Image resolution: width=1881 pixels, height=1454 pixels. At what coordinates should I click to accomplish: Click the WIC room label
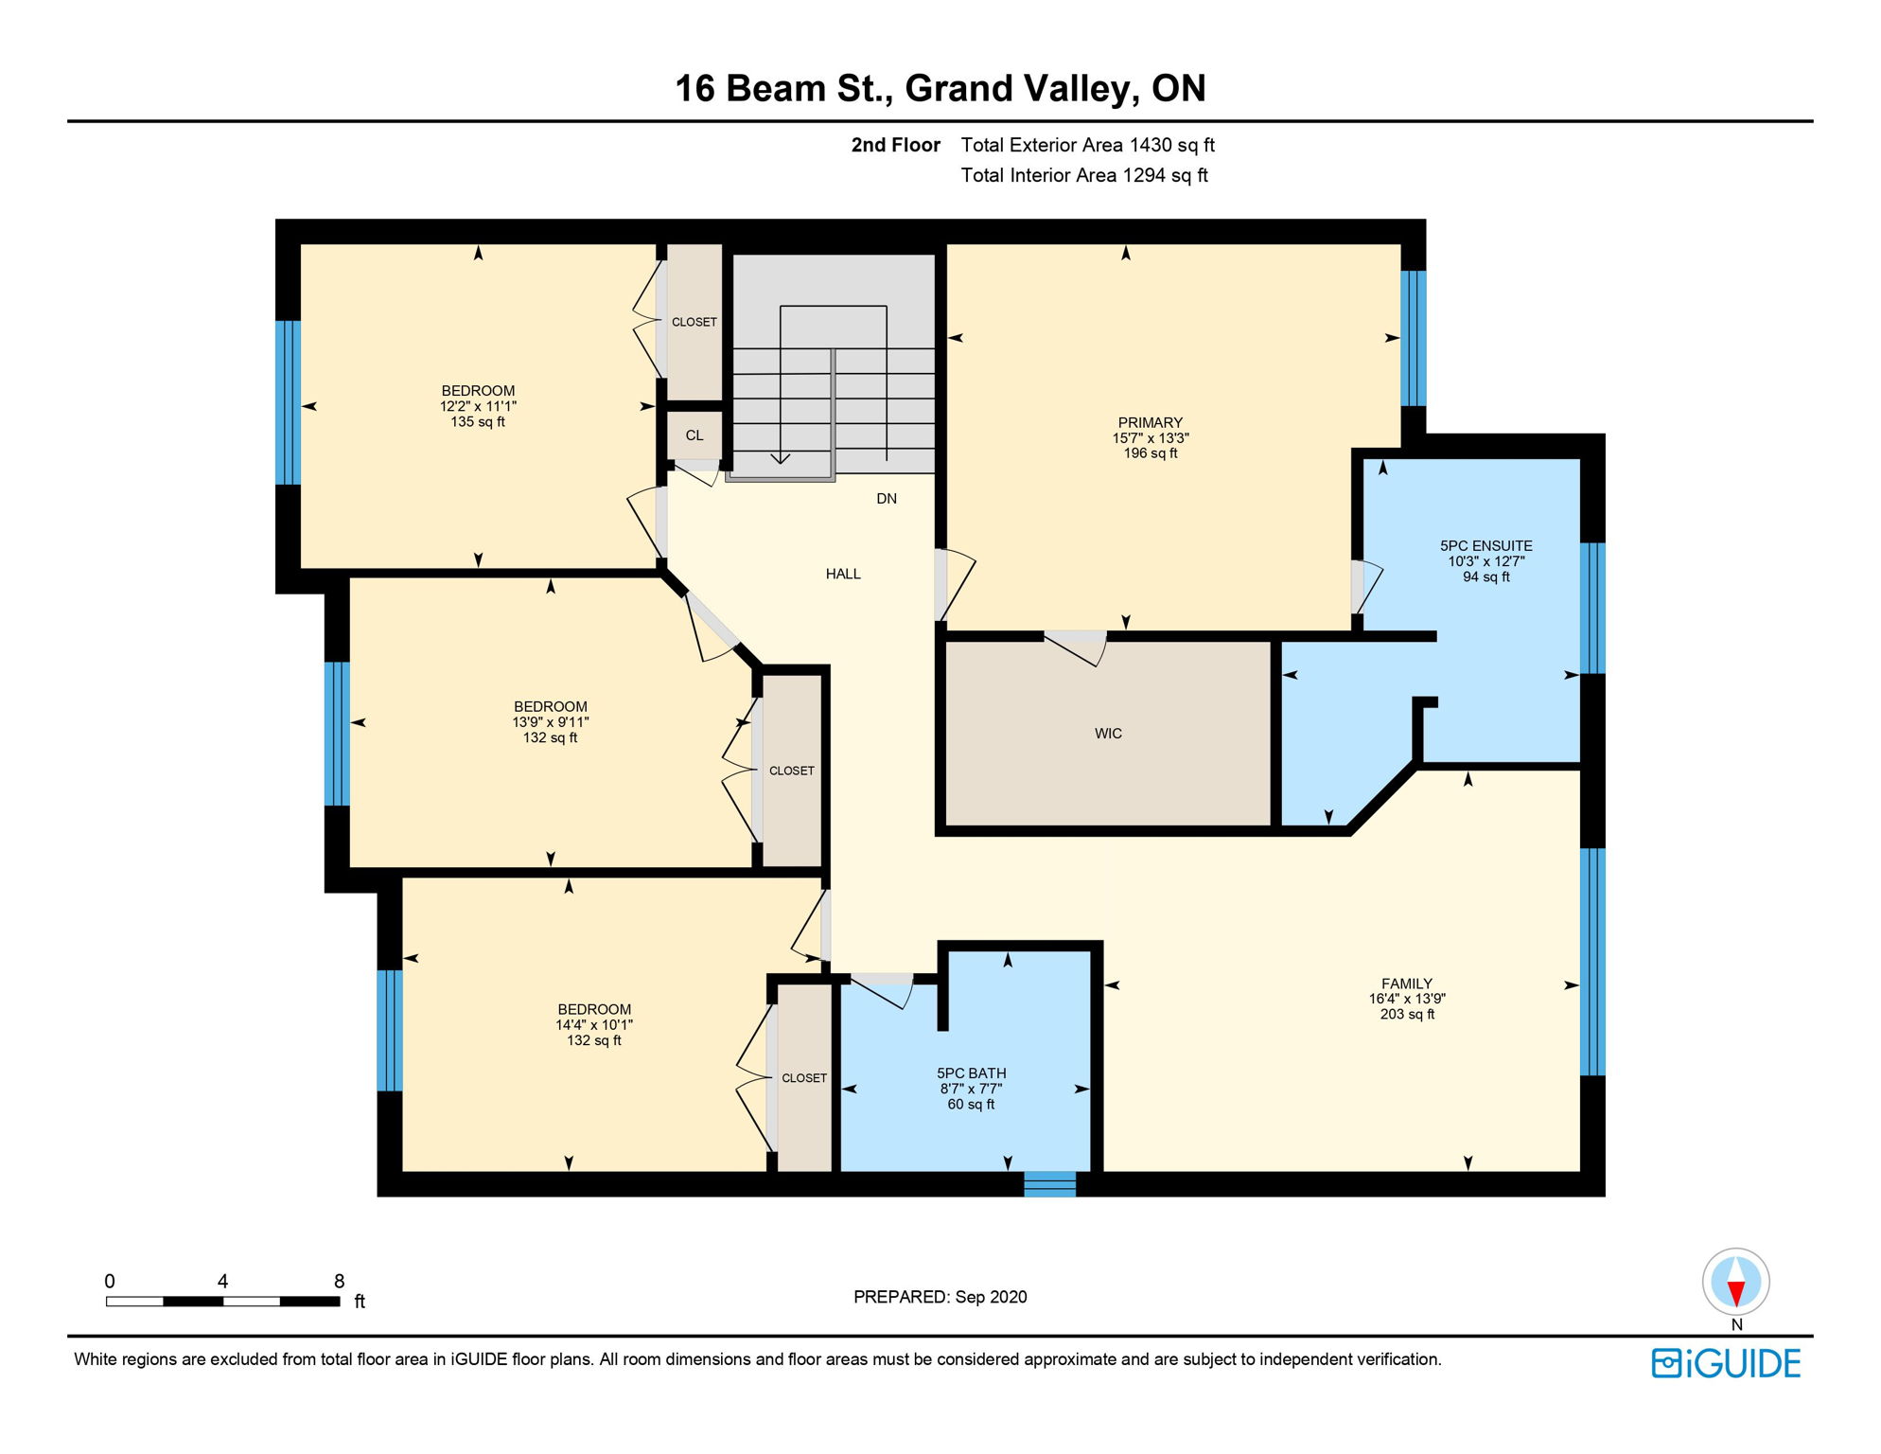tap(1108, 734)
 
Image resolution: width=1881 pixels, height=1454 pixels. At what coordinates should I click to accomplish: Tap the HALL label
tap(843, 574)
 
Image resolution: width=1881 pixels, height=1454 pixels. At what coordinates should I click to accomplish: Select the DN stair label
tap(887, 499)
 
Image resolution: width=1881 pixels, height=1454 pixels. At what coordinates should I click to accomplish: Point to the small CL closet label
tap(694, 435)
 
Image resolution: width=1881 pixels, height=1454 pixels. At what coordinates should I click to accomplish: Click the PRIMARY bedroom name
tap(1151, 423)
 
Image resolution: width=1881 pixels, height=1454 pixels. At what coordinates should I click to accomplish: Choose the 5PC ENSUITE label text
tap(1486, 546)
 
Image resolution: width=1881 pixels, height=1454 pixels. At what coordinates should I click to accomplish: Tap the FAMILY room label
tap(1407, 984)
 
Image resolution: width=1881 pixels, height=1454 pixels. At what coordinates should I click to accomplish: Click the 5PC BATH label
tap(972, 1073)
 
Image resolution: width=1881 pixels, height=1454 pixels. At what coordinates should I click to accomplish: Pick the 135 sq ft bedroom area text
tap(478, 422)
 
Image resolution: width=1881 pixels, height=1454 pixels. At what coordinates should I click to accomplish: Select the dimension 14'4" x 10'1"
tap(594, 1025)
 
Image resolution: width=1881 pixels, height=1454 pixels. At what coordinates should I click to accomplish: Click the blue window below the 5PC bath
tap(1050, 1184)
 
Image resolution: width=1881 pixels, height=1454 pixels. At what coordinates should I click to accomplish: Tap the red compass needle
tap(1736, 1294)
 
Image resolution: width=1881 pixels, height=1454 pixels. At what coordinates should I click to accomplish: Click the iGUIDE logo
tap(1727, 1363)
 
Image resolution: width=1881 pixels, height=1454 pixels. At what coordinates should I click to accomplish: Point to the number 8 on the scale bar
tap(340, 1281)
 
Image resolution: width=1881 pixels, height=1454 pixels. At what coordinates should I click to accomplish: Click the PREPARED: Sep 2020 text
tap(940, 1297)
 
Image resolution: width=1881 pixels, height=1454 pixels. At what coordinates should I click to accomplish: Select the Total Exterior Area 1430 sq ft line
tap(1088, 145)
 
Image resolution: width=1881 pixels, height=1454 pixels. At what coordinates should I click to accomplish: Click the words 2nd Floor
tap(896, 145)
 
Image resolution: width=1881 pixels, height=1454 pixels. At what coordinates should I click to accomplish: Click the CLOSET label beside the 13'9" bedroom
tap(792, 771)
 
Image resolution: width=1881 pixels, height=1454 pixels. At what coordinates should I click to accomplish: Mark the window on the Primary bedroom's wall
tap(1414, 338)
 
